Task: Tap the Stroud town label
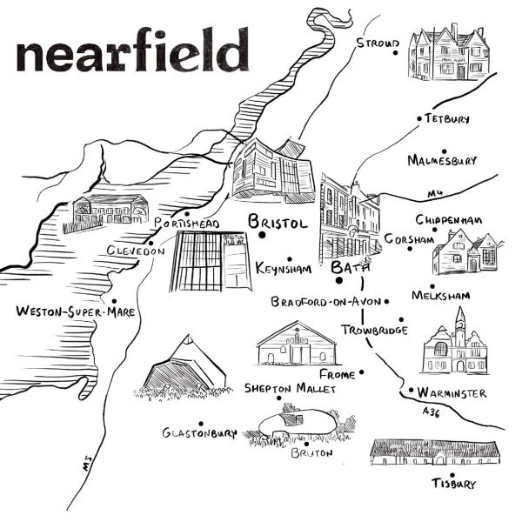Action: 377,43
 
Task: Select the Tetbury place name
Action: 447,118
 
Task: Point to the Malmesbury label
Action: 442,161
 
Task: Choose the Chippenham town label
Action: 448,220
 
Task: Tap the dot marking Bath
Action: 338,280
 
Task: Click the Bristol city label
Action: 278,223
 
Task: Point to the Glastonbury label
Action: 199,432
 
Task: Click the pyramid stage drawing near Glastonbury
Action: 185,365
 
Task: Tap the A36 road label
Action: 430,411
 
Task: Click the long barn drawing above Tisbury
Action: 434,451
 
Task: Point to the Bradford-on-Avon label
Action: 325,303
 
